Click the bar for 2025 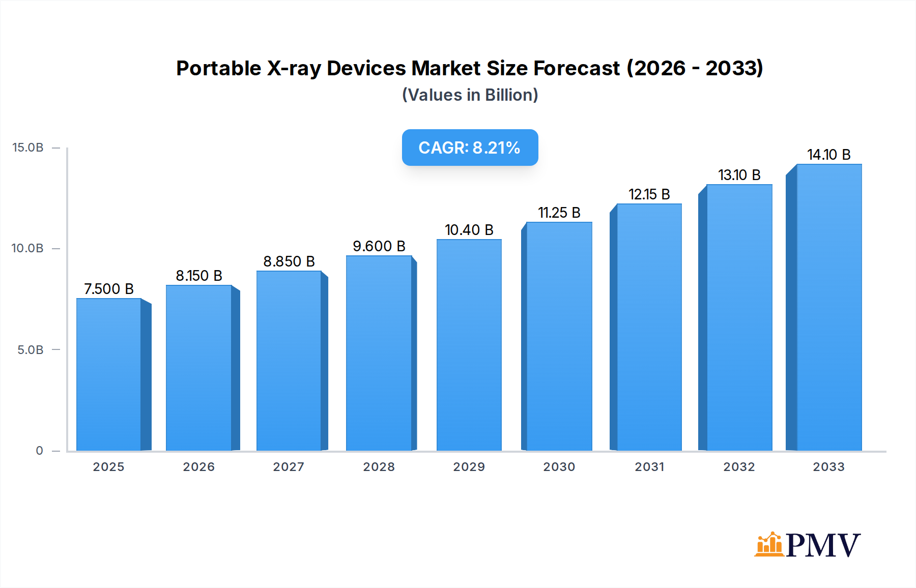109,374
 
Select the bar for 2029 469,345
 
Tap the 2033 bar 829,307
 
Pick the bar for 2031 649,327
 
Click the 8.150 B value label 199,276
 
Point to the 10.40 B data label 469,230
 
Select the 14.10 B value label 828,155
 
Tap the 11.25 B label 559,213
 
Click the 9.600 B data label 379,246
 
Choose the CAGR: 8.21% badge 470,148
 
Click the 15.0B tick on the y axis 28,148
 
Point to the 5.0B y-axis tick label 31,350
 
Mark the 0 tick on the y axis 39,451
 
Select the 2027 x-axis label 289,467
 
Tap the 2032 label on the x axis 739,467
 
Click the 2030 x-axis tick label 559,467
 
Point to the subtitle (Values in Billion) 470,95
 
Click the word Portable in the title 218,68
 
